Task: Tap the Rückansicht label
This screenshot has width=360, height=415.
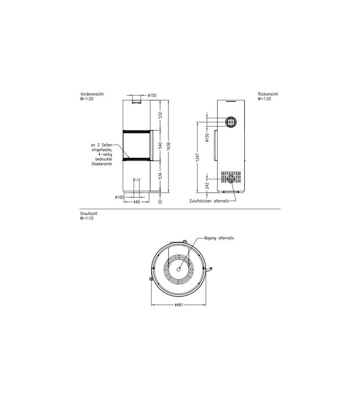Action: pyautogui.click(x=268, y=95)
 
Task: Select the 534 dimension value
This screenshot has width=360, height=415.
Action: pyautogui.click(x=160, y=177)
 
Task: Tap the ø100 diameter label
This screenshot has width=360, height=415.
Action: pyautogui.click(x=119, y=197)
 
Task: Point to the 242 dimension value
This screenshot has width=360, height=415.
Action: pyautogui.click(x=207, y=185)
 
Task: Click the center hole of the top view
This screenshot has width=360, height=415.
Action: pyautogui.click(x=178, y=267)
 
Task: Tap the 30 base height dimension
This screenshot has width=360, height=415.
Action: pyautogui.click(x=160, y=201)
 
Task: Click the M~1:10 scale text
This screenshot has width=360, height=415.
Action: pyautogui.click(x=89, y=218)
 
